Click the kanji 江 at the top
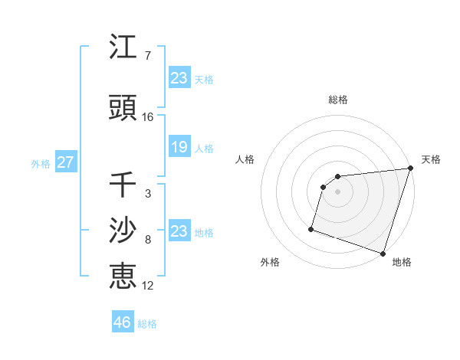pos(123,48)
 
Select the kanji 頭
pos(123,109)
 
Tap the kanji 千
pos(123,185)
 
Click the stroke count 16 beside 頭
pos(148,117)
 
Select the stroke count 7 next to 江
pos(147,56)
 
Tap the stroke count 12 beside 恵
pos(148,285)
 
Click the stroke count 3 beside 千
pos(147,194)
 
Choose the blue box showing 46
pos(123,322)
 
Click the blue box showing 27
pos(66,162)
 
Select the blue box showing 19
pos(179,147)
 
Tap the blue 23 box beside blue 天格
pos(179,78)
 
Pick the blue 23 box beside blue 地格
pos(179,231)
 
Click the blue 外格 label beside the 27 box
pos(41,163)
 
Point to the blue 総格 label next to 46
pos(147,324)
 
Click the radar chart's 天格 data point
pos(410,169)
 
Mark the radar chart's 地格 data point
pos(383,253)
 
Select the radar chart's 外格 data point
pos(311,228)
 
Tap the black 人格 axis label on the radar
pos(245,159)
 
